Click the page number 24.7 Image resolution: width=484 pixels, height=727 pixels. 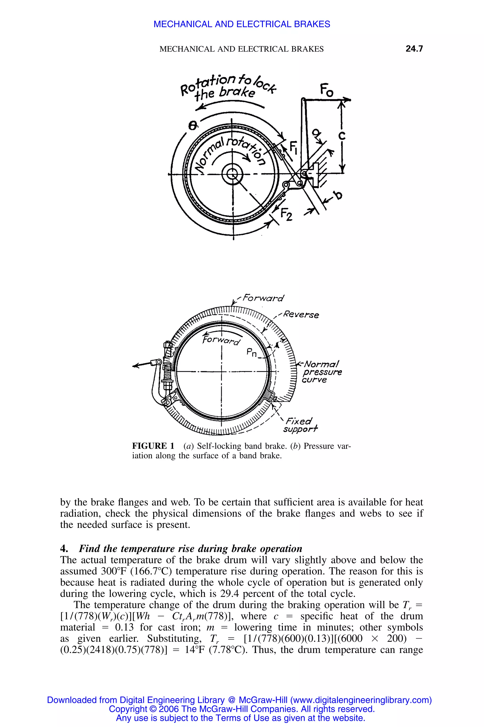coord(414,49)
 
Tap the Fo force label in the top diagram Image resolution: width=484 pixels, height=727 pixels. coord(326,90)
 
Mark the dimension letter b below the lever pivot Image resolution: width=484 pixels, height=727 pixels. coord(339,195)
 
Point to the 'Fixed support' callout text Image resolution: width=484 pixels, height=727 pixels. coord(300,425)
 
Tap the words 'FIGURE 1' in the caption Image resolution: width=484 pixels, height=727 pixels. coord(153,446)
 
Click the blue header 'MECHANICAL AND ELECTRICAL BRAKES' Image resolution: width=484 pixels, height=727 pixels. coord(242,24)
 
